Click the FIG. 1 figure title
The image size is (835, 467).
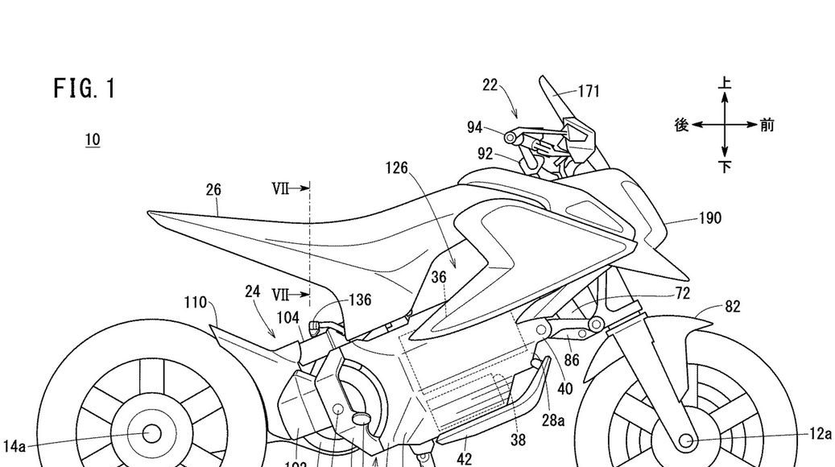coord(85,88)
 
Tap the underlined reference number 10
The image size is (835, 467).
coord(93,140)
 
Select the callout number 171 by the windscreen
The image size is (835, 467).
coord(589,91)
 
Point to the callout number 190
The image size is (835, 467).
coord(710,218)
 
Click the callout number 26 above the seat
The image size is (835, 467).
coord(213,191)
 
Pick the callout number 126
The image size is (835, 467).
coord(396,168)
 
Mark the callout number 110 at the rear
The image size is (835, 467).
coord(196,302)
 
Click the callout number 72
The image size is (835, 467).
coord(682,294)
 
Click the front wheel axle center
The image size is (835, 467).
coord(686,440)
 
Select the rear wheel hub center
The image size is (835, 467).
coord(151,434)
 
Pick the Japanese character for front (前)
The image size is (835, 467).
coord(767,126)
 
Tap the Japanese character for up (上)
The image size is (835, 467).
coord(725,84)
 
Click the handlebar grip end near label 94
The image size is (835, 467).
coord(510,138)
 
